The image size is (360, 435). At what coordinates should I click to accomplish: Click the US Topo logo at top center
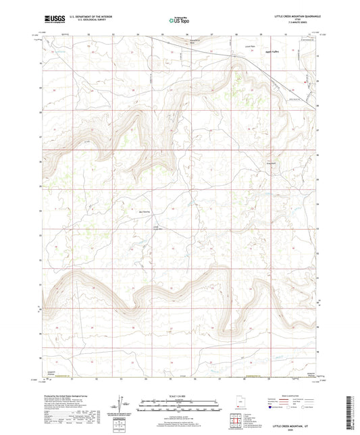coord(176,21)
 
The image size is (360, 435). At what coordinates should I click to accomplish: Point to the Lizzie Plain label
coord(248,47)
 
